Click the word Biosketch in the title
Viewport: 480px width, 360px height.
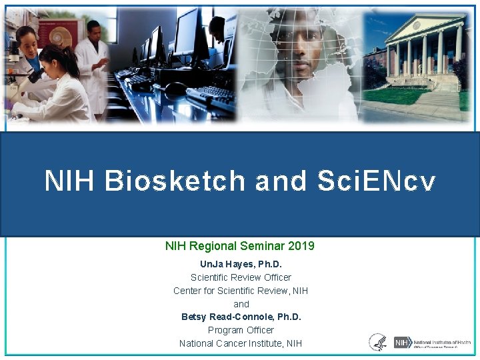[175, 181]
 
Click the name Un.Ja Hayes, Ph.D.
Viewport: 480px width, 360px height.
[241, 264]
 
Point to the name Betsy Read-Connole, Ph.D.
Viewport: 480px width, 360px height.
[241, 317]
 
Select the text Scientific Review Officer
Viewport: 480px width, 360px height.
[241, 277]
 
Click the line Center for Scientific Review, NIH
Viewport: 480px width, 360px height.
[241, 291]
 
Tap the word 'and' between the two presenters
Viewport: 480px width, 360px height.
[241, 304]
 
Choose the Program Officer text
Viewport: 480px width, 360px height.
[241, 330]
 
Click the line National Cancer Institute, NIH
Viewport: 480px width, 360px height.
[241, 343]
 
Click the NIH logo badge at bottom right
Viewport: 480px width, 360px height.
[401, 343]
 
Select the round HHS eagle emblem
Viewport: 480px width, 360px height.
[377, 343]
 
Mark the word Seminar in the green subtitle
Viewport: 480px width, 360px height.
[259, 246]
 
